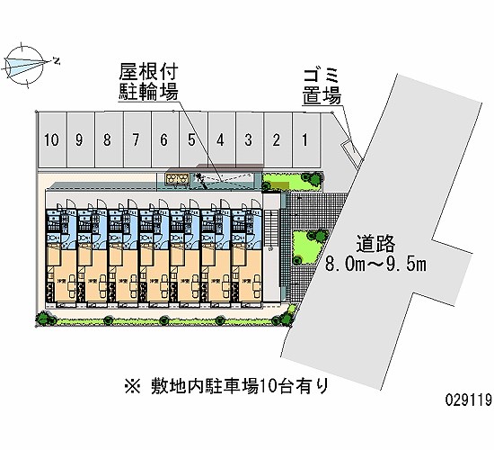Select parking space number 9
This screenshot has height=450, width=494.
[80, 139]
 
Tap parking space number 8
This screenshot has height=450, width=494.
[108, 139]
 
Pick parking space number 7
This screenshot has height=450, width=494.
[136, 139]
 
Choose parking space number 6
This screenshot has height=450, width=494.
[163, 139]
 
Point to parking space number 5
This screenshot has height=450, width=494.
[192, 139]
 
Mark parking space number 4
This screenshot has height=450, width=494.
[220, 139]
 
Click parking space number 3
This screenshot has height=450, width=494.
[248, 139]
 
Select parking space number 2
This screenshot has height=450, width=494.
[277, 139]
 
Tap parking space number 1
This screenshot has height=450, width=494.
[305, 139]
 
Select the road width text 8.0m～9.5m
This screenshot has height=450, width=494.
[376, 264]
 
